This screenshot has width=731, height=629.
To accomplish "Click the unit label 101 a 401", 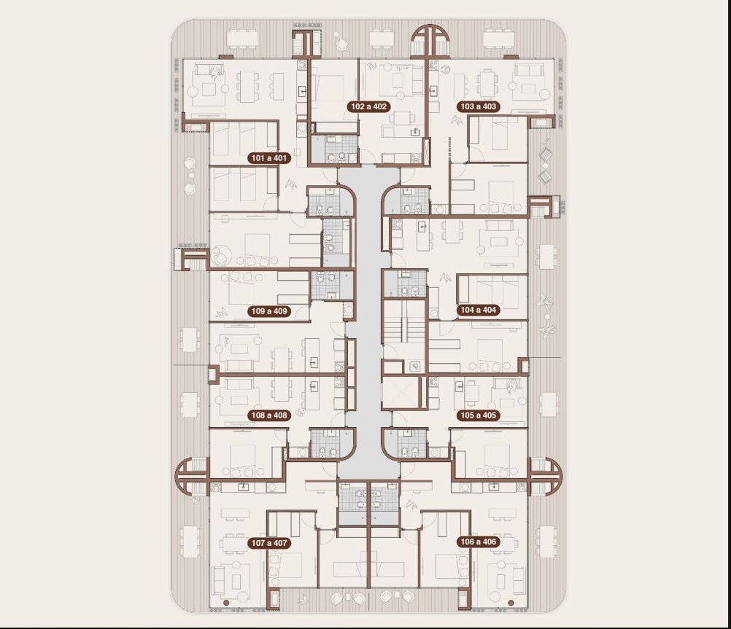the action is click(x=269, y=158).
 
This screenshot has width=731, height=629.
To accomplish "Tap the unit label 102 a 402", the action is click(x=368, y=106).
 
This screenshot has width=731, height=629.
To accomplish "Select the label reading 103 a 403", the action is click(x=479, y=106).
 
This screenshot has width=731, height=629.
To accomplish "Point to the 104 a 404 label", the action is click(x=479, y=310).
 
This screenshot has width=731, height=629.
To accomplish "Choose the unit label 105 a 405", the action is click(x=479, y=415).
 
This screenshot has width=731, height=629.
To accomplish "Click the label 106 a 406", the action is click(x=479, y=542).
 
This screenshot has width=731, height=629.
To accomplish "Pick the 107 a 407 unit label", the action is click(x=269, y=543).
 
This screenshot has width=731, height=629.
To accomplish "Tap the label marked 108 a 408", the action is click(x=269, y=415).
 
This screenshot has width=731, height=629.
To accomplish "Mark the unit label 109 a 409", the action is click(x=269, y=311).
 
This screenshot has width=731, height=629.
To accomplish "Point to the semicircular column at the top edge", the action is click(x=430, y=40).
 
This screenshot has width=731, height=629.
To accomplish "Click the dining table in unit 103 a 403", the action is click(x=487, y=83).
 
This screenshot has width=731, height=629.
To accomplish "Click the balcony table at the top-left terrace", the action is click(x=241, y=38).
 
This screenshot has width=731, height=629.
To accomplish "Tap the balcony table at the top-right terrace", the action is click(x=499, y=38).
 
